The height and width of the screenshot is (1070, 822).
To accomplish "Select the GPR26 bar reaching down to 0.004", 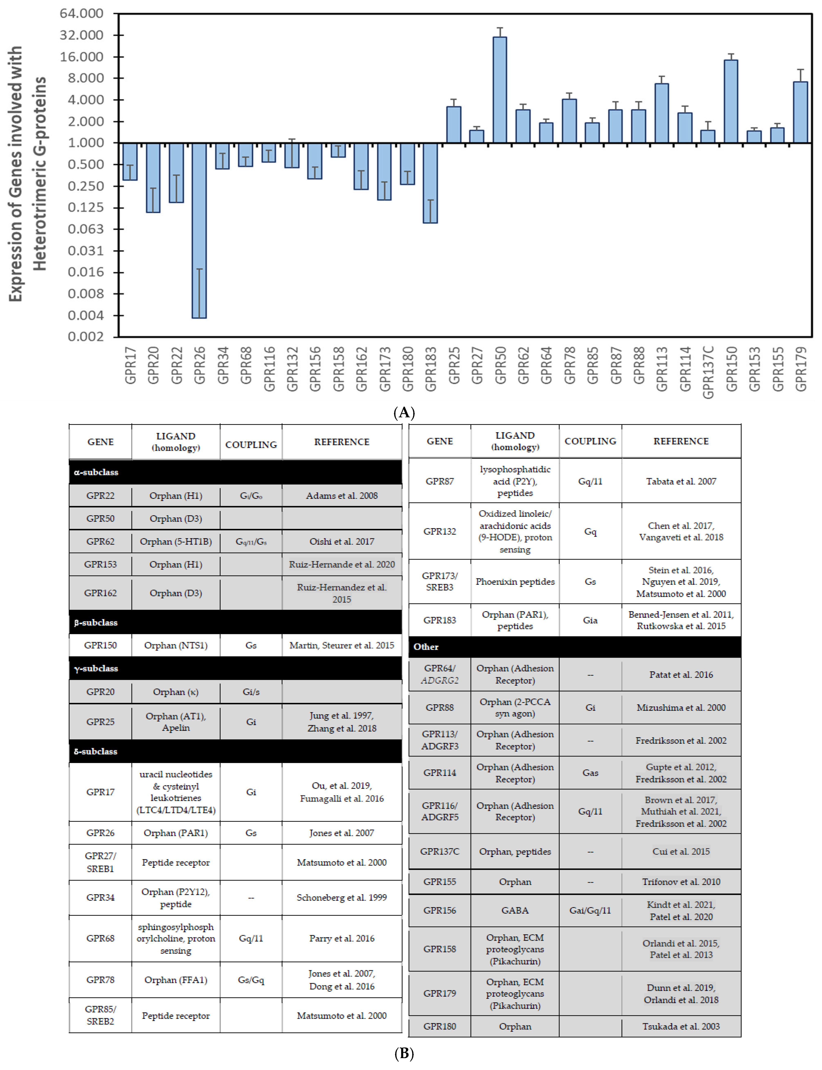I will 199,230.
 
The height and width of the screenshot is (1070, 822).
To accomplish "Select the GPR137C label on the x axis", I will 708,372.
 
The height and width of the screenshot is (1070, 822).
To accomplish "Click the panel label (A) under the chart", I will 404,413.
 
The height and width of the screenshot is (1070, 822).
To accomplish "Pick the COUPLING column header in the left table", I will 251,444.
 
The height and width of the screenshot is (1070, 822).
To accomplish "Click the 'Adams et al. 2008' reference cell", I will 342,495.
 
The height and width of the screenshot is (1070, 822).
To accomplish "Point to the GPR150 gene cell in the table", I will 100,645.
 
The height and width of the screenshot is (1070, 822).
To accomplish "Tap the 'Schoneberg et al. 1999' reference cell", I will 342,897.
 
